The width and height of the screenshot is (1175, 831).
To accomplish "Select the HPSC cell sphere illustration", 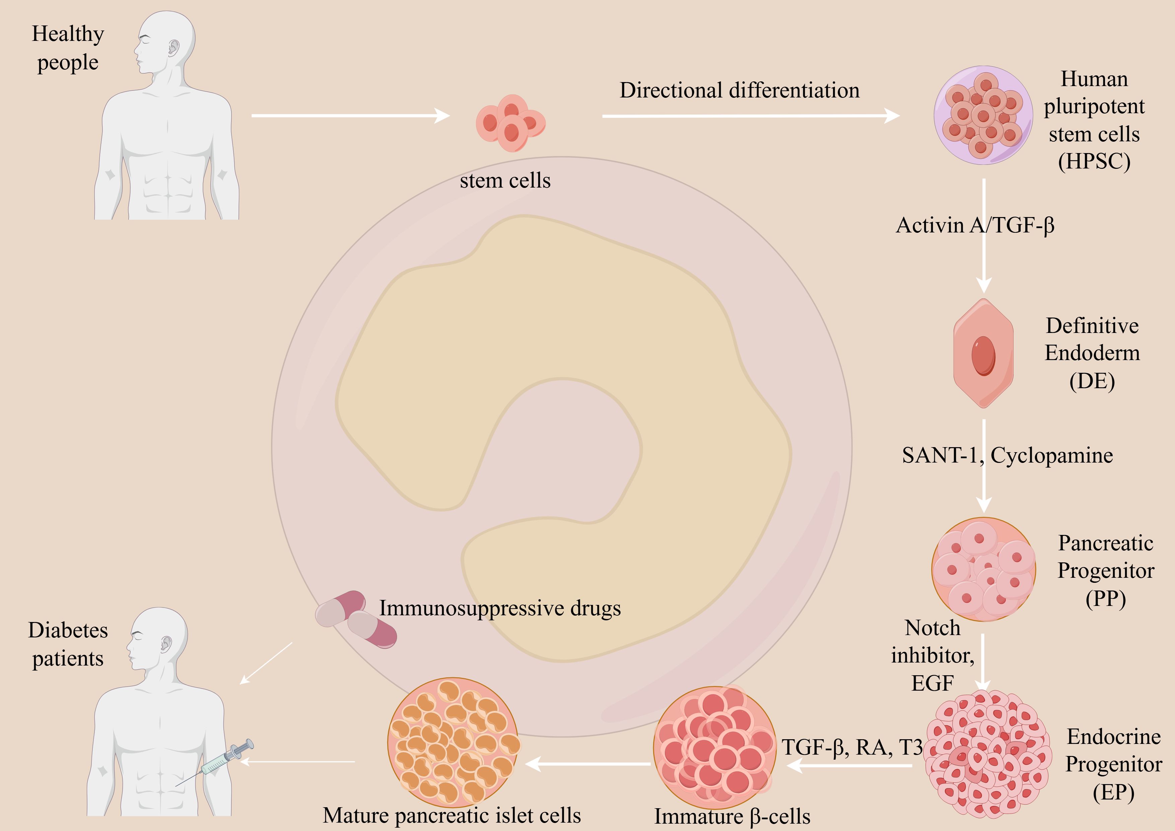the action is click(x=983, y=115).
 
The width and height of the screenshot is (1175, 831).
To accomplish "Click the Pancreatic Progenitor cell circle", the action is click(x=983, y=569).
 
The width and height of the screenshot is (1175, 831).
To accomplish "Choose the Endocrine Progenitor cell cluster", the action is click(x=988, y=755).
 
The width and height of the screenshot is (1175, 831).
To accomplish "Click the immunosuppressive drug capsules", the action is click(x=356, y=619).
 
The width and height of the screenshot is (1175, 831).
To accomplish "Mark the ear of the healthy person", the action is click(x=174, y=49).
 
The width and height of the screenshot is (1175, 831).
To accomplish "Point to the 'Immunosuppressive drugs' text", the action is click(x=499, y=608).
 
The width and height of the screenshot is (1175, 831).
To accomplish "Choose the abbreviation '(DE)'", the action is click(x=1092, y=381).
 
